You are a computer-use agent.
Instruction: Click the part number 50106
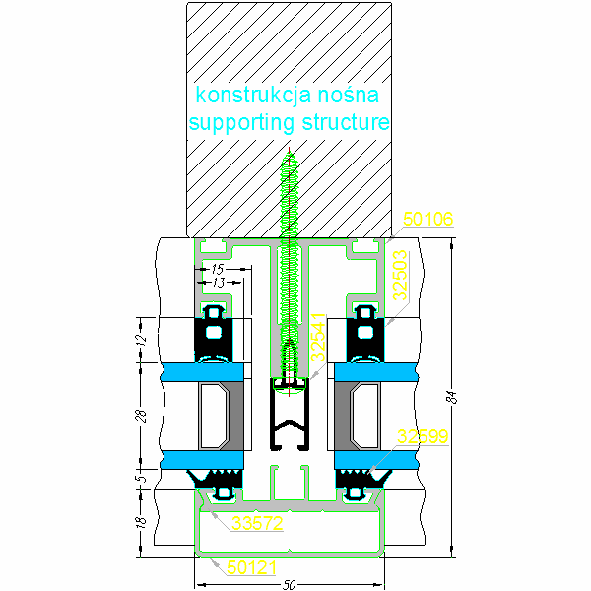click(427, 221)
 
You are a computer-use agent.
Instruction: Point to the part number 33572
click(258, 524)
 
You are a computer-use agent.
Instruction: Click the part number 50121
click(252, 567)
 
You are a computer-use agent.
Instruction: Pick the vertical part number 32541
click(318, 340)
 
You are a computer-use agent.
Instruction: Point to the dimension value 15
click(218, 268)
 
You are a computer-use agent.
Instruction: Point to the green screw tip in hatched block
click(289, 158)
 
